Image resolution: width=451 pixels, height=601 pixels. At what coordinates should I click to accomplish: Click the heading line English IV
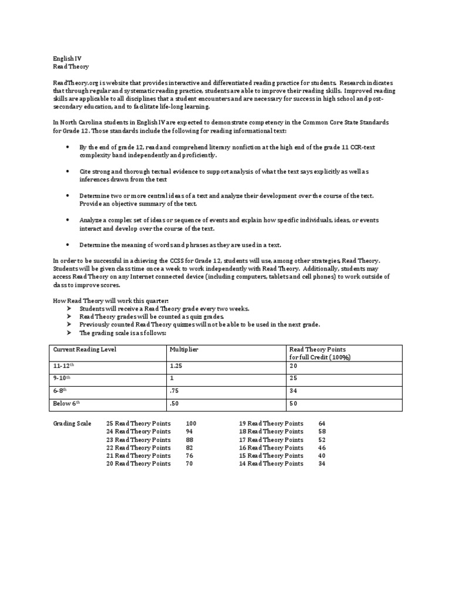[x=66, y=59]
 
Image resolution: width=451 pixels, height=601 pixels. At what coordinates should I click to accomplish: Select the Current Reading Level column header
[x=85, y=349]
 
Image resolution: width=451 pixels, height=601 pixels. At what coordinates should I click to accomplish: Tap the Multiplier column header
[x=184, y=349]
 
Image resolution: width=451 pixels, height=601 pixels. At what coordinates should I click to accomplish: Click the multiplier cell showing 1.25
[x=177, y=365]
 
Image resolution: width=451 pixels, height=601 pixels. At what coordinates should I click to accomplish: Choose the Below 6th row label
[x=66, y=404]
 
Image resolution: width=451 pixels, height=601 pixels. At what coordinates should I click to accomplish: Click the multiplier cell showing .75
[x=174, y=391]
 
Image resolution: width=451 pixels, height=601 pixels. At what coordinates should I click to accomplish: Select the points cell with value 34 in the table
[x=294, y=391]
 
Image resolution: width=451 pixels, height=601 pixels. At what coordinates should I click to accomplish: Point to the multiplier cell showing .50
[x=174, y=404]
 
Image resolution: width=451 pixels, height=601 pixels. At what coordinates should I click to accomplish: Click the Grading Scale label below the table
[x=72, y=423]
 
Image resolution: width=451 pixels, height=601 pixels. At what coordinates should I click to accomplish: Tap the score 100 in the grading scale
[x=191, y=423]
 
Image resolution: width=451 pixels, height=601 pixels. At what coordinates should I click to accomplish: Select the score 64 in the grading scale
[x=322, y=423]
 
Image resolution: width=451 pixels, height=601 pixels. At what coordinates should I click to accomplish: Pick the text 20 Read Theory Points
[x=138, y=464]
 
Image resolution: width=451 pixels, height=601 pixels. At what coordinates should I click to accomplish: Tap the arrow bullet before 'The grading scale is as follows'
[x=69, y=333]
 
